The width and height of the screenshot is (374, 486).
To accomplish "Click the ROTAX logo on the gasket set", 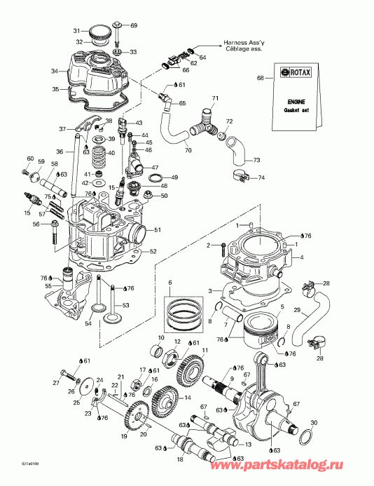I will [x=296, y=72].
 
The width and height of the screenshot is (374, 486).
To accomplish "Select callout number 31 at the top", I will [x=78, y=32].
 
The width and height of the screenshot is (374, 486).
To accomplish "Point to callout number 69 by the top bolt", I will [x=134, y=26].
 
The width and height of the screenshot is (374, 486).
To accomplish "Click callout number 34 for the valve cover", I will [x=54, y=71].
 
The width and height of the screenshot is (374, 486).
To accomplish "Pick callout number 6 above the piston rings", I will [x=169, y=282].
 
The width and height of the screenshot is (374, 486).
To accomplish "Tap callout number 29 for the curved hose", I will [x=297, y=310].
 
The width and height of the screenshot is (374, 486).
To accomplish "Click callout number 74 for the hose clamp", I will [x=262, y=178].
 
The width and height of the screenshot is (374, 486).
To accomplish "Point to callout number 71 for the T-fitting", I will [x=216, y=97].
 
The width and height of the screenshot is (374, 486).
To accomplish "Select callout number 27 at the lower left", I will [x=56, y=382].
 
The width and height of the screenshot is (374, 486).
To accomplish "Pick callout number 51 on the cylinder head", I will [x=158, y=230].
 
